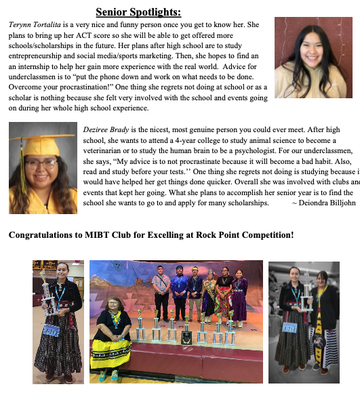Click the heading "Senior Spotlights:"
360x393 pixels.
tap(138, 12)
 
